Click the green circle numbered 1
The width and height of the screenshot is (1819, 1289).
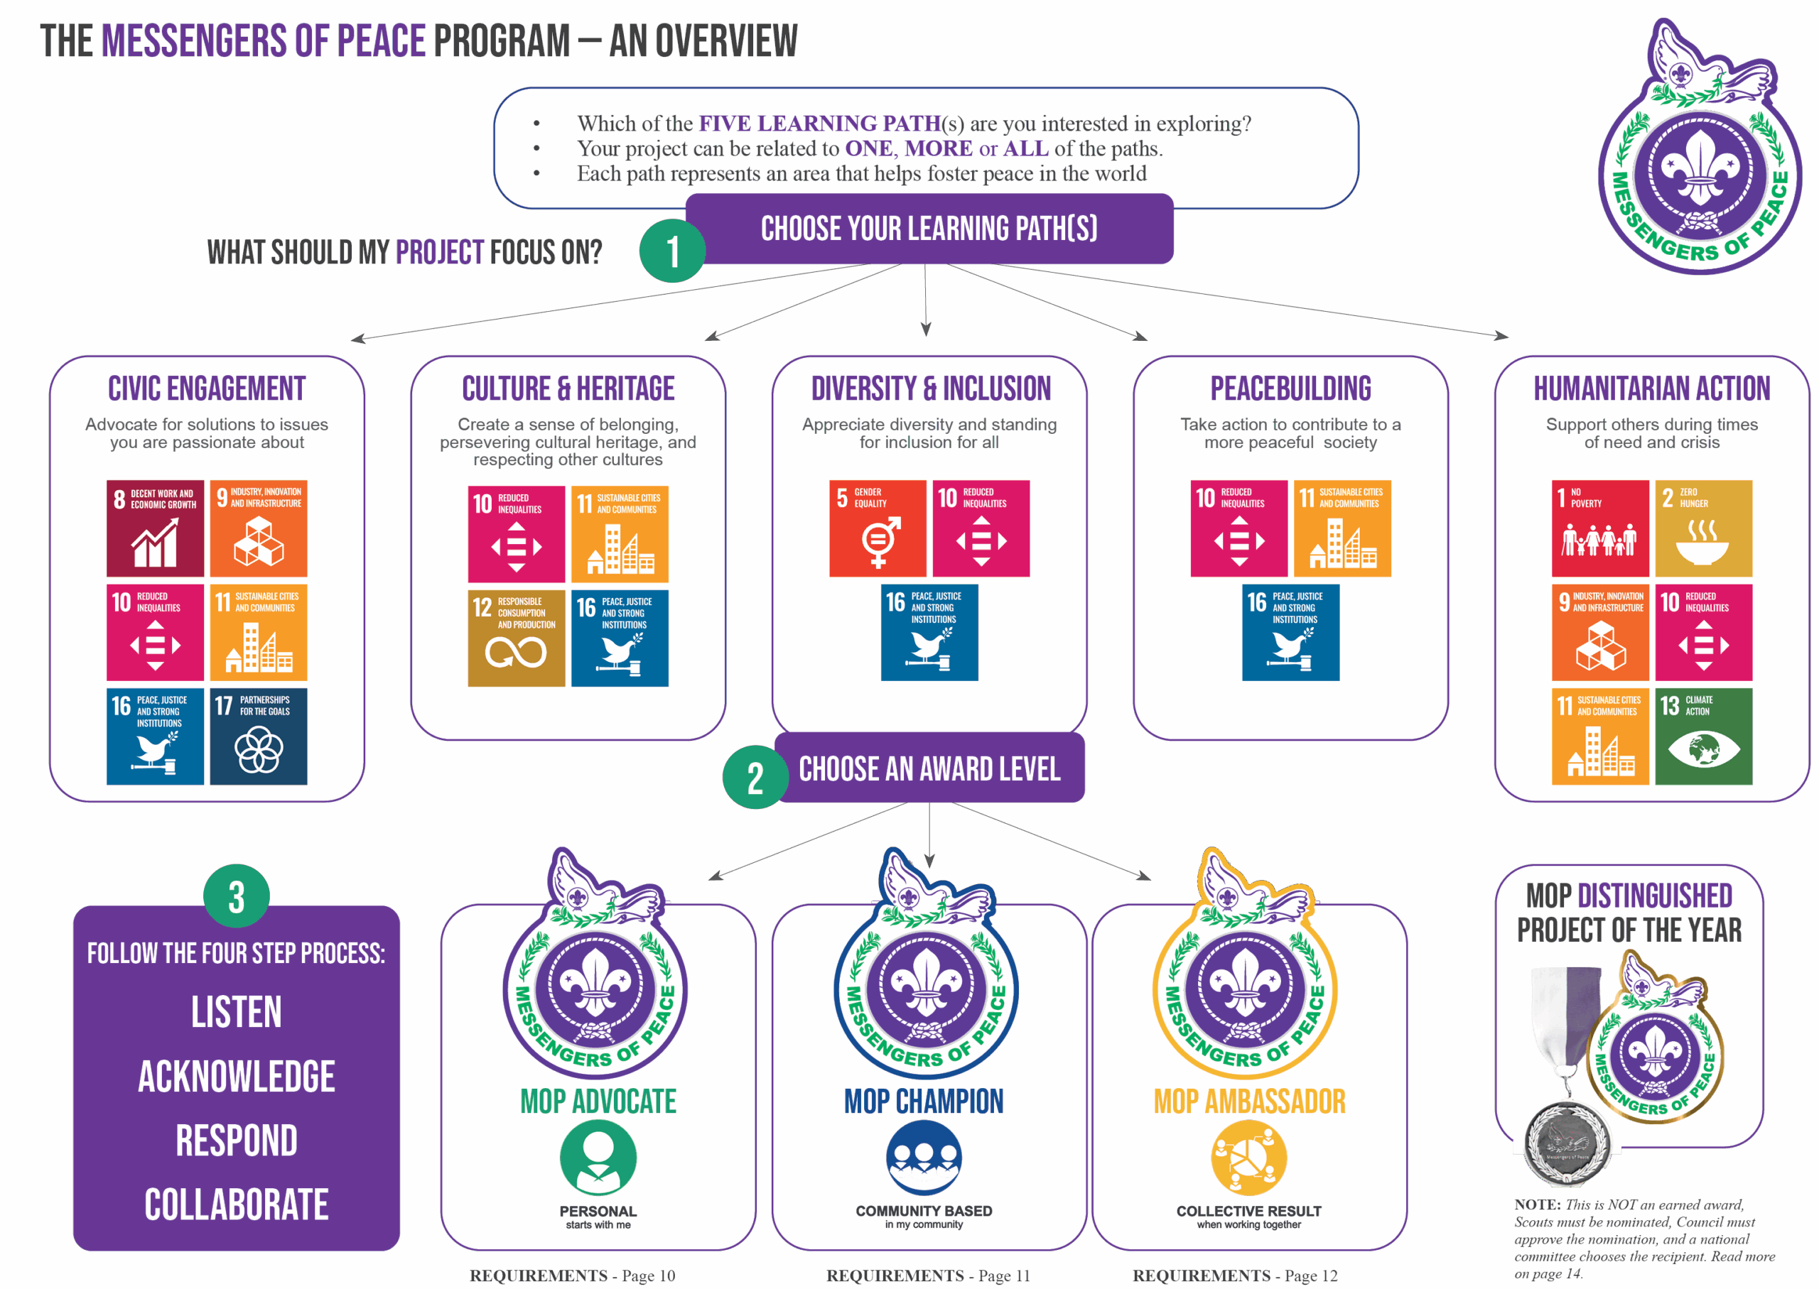click(x=672, y=251)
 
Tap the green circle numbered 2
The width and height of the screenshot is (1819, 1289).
click(x=755, y=777)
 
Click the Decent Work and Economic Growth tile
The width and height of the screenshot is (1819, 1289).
click(x=155, y=528)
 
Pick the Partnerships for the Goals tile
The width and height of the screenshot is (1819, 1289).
click(x=259, y=736)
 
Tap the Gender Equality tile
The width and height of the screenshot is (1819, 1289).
click(x=878, y=528)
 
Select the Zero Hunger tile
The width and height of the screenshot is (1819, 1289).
click(x=1703, y=528)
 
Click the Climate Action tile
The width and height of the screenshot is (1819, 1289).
click(x=1703, y=736)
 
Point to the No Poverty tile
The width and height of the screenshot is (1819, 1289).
click(x=1600, y=528)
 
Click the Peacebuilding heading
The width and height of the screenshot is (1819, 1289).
click(x=1290, y=389)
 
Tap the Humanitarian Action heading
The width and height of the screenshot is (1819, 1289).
click(x=1651, y=389)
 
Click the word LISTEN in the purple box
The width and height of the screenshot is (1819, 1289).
click(x=237, y=1013)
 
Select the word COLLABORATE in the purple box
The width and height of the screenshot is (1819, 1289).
click(x=237, y=1205)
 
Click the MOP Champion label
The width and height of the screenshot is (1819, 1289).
click(x=924, y=1102)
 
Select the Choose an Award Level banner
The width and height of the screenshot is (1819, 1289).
click(x=929, y=768)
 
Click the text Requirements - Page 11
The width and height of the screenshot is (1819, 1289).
click(x=928, y=1276)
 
